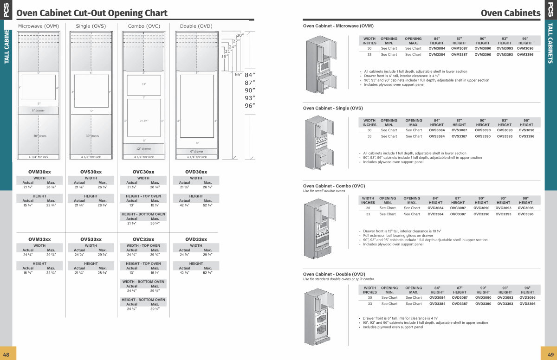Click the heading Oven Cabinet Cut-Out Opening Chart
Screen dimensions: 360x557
coord(92,13)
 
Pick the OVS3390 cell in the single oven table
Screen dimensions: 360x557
coord(482,136)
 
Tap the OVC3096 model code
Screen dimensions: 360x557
coord(525,208)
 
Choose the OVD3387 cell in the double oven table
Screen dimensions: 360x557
coord(460,304)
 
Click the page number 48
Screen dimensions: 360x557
coord(6,354)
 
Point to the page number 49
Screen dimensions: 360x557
coord(551,354)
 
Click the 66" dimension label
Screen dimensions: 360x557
coord(238,75)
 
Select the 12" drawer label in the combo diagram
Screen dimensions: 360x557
coord(143,149)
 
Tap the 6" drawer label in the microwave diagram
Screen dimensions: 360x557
coord(39,111)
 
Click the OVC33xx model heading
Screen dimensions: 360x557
coord(143,239)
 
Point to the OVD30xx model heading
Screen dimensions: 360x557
coord(196,172)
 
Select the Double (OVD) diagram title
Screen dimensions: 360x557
coord(196,26)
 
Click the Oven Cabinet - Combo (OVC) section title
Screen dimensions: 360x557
coord(334,186)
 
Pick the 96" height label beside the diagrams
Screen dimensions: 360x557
coord(250,106)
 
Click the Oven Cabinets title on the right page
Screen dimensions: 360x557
coord(510,13)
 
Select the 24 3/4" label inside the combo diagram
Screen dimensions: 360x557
coord(143,121)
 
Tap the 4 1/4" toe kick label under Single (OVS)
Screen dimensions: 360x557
coord(91,157)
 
